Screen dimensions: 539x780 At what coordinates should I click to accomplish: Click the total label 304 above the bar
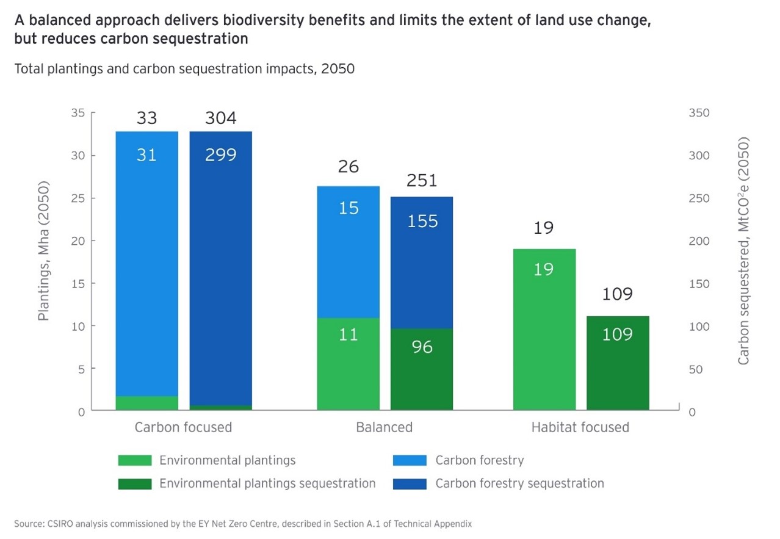[220, 118]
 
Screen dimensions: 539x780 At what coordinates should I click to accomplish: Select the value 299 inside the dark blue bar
[220, 155]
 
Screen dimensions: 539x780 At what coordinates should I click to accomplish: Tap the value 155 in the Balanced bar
[422, 220]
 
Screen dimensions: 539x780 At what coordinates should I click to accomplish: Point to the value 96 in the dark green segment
[422, 347]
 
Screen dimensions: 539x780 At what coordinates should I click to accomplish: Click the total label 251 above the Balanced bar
[422, 181]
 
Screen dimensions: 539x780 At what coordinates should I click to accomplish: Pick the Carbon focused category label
[183, 427]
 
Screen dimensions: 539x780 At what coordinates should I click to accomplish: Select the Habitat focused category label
[580, 427]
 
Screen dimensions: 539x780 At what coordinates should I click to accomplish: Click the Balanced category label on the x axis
[384, 427]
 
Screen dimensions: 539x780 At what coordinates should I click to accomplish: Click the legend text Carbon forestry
[479, 460]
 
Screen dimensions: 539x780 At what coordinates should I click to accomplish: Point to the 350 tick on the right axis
[699, 113]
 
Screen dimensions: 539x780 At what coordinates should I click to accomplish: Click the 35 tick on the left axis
[78, 113]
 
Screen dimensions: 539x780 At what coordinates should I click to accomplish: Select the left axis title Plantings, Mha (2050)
[44, 258]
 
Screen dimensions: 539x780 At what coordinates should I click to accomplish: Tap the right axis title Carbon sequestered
[743, 250]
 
